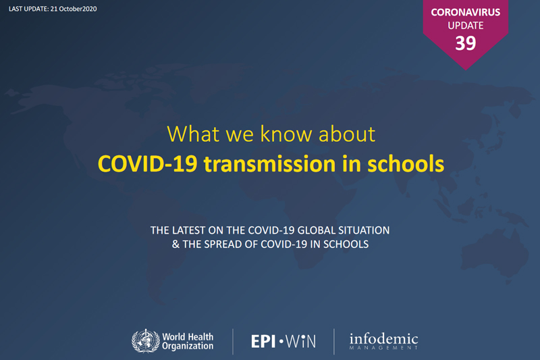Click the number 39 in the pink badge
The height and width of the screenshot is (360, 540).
coord(466,43)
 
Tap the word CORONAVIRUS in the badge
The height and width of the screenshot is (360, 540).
coord(466,12)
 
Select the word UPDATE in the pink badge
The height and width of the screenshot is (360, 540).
coord(466,26)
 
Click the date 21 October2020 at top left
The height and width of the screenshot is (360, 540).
coord(74,9)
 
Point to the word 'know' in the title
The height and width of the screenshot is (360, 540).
coord(286,134)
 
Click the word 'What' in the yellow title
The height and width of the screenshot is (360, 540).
coord(193,134)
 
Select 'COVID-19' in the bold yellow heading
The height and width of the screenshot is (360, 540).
coord(147,163)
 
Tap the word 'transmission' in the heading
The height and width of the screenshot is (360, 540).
coord(269,163)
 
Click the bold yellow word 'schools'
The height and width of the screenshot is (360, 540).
coord(406,163)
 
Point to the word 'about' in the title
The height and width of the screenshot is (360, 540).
coord(347,134)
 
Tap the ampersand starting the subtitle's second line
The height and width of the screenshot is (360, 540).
coord(175,245)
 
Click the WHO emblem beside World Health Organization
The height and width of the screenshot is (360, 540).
coord(145,341)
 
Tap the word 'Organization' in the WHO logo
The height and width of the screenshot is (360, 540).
coord(188,346)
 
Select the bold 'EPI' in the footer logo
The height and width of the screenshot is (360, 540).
coord(263,341)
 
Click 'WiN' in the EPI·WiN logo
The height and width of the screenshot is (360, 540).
coord(300,341)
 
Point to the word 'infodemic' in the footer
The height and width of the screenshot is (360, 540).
coord(383,338)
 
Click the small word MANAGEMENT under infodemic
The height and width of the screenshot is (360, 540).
coord(383,348)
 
